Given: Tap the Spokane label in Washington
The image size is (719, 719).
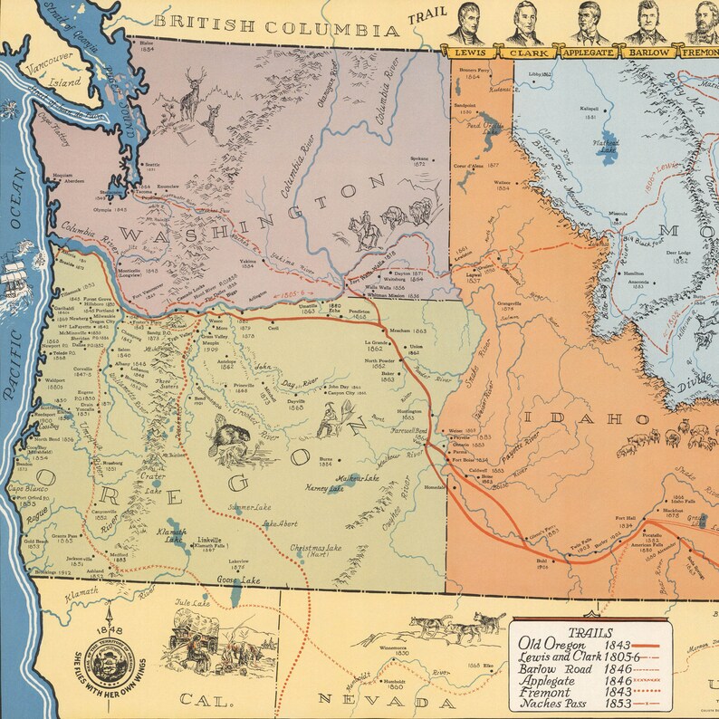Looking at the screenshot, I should [x=418, y=158].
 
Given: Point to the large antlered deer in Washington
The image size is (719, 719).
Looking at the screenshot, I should [x=191, y=91].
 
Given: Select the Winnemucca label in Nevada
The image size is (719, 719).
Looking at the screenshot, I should [x=393, y=648].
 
